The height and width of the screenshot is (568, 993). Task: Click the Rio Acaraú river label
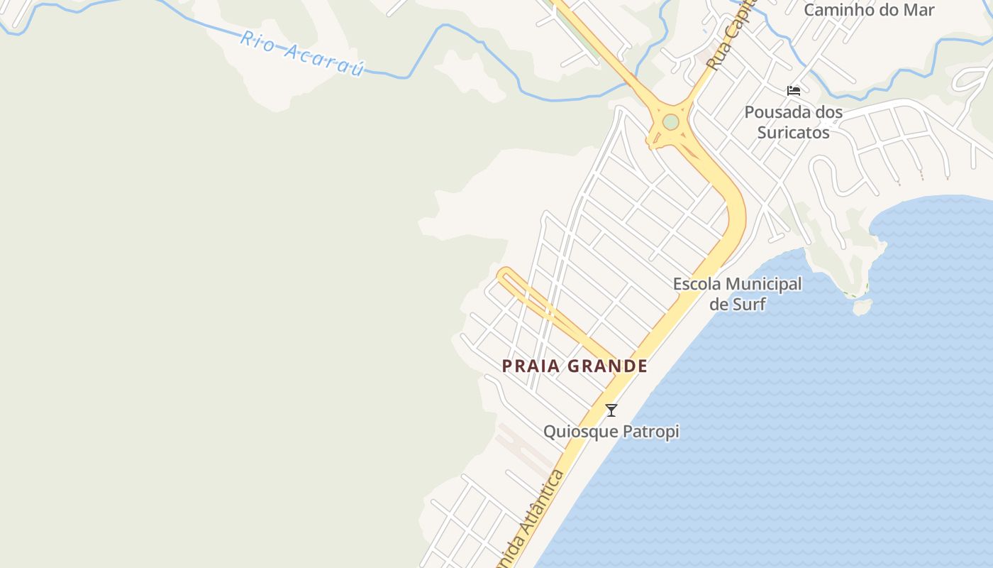coord(302,53)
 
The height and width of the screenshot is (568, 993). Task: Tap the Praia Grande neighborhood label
coord(575,366)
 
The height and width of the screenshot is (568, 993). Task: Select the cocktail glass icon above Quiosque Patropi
coord(611,410)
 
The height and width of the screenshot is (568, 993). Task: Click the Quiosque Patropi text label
coord(611,431)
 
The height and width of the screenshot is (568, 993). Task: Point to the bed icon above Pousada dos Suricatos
coord(794,91)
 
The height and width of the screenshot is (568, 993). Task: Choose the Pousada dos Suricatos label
coord(793,121)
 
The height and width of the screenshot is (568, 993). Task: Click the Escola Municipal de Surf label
coord(737,293)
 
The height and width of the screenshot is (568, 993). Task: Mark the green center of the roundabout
coord(670,122)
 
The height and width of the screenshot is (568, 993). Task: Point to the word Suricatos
coord(793,132)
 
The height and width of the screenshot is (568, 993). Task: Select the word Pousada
coord(775,112)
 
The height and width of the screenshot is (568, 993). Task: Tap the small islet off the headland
coord(862,307)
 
